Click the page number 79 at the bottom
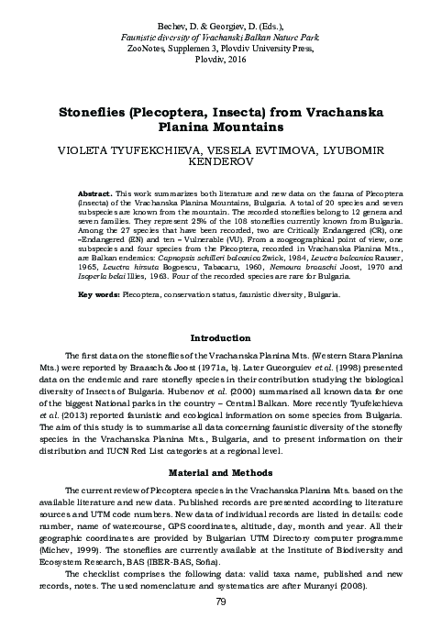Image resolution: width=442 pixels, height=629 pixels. [x=220, y=601]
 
